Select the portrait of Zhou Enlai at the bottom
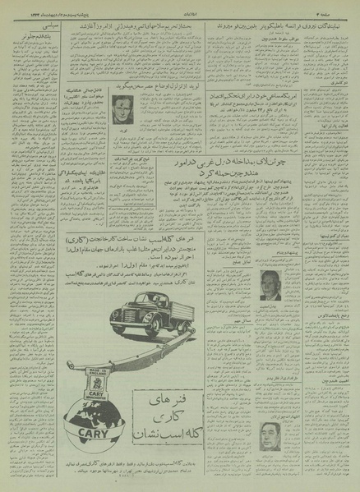270,435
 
